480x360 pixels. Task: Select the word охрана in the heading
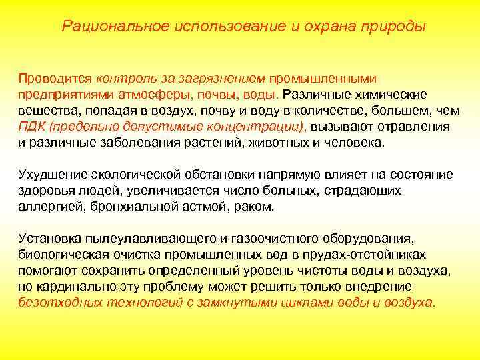pos(323,27)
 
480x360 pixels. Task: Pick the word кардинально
pos(69,287)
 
